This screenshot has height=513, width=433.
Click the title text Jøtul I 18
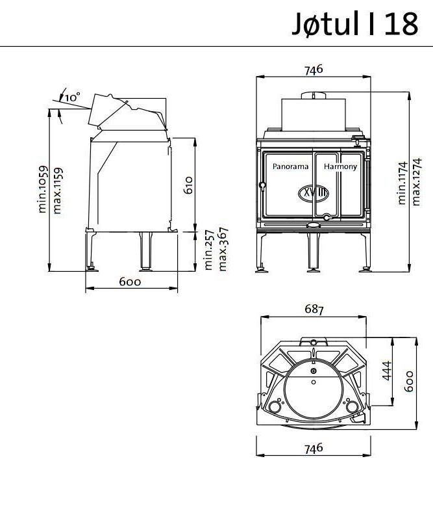pos(355,24)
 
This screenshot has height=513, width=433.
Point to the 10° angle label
pos(73,96)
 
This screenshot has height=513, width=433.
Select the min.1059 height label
pos(43,190)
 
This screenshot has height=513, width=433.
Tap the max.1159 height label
pos(58,190)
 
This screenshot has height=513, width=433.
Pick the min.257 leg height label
pos(208,250)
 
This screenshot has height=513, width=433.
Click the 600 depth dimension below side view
pos(130,282)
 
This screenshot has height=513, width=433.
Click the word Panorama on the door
pos(290,166)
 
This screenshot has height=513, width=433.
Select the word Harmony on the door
pos(340,166)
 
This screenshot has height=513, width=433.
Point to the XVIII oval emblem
pos(314,193)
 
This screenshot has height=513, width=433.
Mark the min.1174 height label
pos(402,183)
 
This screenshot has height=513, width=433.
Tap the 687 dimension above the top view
pos(314,309)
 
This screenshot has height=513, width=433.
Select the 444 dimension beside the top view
pos(388,371)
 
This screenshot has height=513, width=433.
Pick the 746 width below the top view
pos(313,448)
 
